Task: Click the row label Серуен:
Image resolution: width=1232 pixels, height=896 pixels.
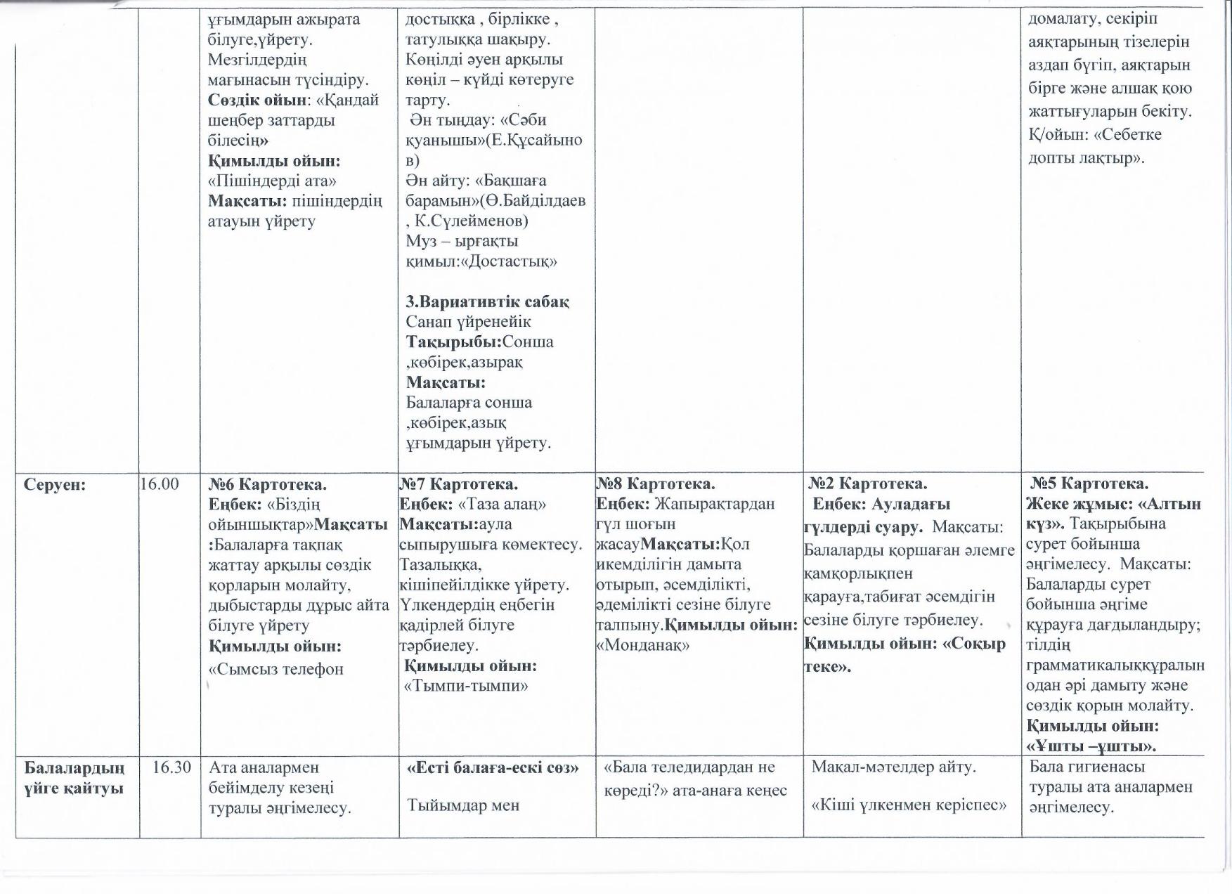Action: pyautogui.click(x=55, y=485)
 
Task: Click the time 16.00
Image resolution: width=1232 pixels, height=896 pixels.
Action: pyautogui.click(x=160, y=484)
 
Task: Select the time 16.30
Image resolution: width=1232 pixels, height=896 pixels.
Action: pyautogui.click(x=171, y=767)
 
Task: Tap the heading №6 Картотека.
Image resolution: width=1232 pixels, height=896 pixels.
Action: pyautogui.click(x=268, y=485)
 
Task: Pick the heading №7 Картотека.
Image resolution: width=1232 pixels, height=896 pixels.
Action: pyautogui.click(x=458, y=484)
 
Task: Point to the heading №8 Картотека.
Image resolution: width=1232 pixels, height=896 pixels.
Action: pyautogui.click(x=655, y=484)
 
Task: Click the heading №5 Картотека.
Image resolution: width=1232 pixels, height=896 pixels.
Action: pyautogui.click(x=1089, y=484)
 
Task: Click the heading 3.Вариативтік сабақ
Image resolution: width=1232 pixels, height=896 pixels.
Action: pyautogui.click(x=488, y=301)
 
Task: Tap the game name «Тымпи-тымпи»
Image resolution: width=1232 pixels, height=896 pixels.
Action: pyautogui.click(x=467, y=686)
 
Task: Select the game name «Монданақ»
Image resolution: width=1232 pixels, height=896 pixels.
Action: pyautogui.click(x=642, y=645)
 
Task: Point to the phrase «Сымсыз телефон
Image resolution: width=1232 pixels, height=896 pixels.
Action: pyautogui.click(x=276, y=669)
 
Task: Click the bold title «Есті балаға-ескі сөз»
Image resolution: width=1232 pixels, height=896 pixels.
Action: pyautogui.click(x=493, y=768)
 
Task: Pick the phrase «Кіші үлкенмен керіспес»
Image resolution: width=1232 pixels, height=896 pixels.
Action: pyautogui.click(x=909, y=805)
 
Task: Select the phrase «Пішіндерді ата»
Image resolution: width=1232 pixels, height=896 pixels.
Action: pyautogui.click(x=273, y=181)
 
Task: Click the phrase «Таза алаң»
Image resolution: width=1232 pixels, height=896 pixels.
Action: pyautogui.click(x=502, y=505)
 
